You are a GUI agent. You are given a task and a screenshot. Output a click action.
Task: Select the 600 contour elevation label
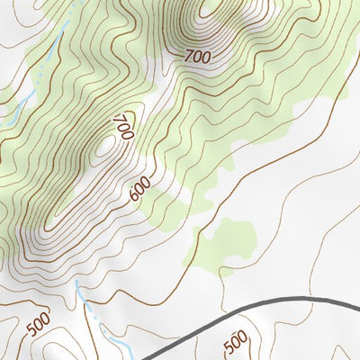(140, 188)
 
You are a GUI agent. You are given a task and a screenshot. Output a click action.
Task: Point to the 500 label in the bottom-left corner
(38, 325)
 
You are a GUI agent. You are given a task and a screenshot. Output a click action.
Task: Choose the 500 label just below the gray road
(235, 342)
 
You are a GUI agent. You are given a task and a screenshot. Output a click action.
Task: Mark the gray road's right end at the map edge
(357, 301)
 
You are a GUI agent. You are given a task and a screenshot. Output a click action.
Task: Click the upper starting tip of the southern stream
(76, 281)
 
